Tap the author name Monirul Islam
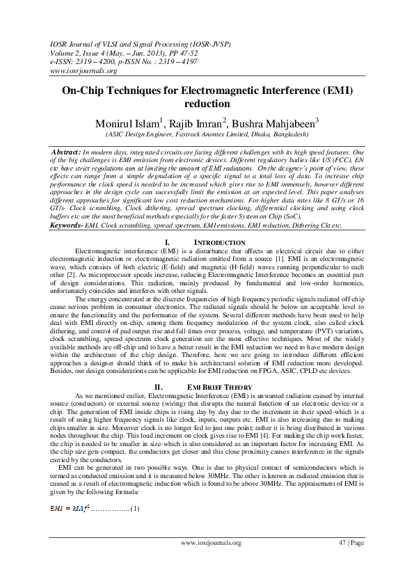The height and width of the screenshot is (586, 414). (127, 122)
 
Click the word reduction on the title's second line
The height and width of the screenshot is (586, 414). (207, 104)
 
